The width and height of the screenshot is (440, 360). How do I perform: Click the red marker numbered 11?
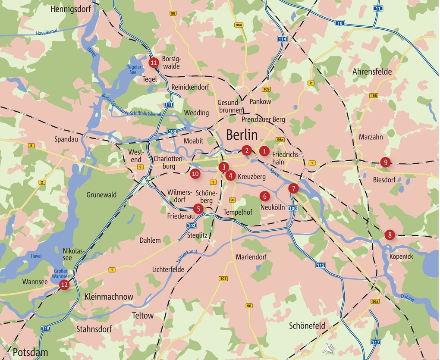(154, 63)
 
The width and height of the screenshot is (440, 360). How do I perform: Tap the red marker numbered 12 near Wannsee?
(64, 285)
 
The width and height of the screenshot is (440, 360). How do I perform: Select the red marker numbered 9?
(385, 162)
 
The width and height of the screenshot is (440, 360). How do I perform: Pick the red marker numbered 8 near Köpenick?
(390, 235)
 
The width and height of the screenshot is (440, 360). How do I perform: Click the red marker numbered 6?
(264, 196)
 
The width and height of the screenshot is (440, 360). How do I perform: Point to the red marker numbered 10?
(195, 174)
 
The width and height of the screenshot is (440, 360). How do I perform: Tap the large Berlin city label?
(242, 135)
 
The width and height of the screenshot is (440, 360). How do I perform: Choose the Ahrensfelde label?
(372, 72)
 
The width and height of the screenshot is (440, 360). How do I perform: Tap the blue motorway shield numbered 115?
(46, 329)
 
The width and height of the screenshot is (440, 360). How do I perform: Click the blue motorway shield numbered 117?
(376, 342)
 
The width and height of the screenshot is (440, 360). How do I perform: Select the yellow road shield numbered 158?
(374, 96)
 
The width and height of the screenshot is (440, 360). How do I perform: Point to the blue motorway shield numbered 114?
(282, 39)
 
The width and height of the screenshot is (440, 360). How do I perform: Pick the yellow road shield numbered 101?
(223, 279)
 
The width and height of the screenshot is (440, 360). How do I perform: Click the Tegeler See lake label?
(134, 69)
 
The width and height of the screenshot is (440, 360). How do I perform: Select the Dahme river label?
(407, 297)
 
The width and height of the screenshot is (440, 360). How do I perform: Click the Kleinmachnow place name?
(109, 297)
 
